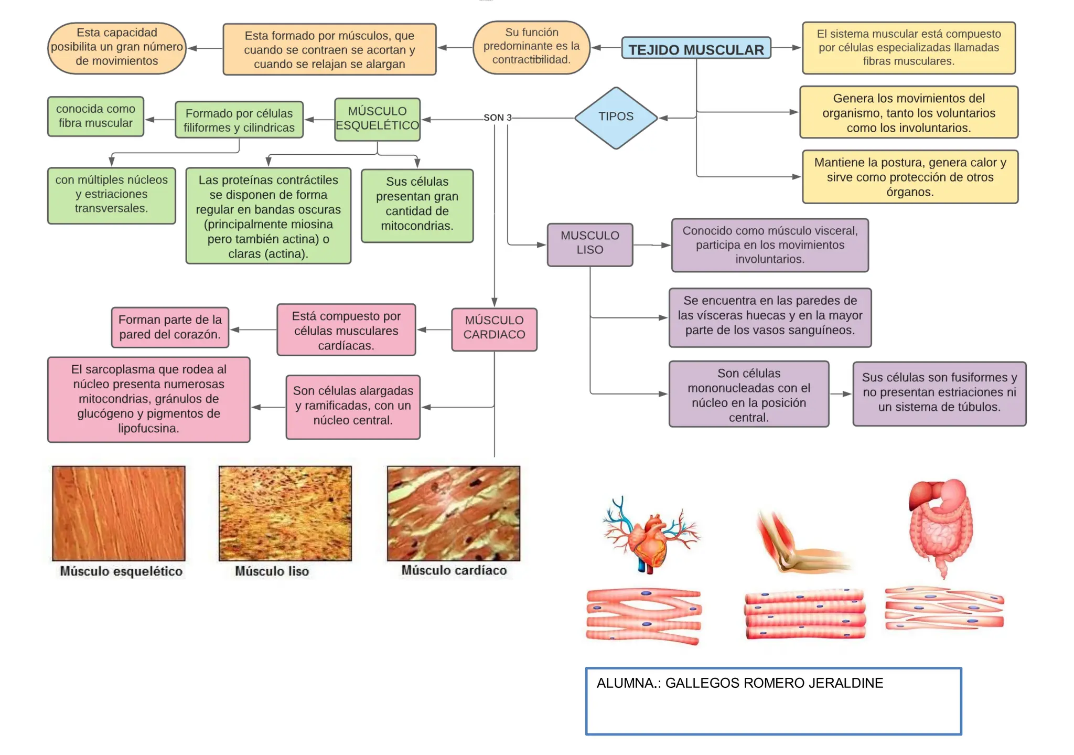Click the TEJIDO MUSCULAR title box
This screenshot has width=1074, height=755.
[696, 49]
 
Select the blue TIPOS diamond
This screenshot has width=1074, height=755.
[616, 117]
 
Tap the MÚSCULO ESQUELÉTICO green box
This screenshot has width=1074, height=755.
[377, 119]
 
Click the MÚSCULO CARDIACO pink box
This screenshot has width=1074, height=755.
[494, 328]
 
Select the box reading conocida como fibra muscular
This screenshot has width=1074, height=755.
[95, 116]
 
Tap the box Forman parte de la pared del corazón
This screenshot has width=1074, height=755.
[170, 327]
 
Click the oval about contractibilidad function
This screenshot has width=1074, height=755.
[531, 47]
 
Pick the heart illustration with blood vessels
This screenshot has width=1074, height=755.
[650, 538]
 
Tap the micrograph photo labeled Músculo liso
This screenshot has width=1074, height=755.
[285, 513]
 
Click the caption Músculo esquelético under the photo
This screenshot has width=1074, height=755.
[121, 571]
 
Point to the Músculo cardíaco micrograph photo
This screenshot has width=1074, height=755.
[453, 513]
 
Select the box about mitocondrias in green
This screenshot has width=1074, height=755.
[417, 205]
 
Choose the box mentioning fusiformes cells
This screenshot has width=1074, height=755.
[939, 392]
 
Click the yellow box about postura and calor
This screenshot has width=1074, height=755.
[909, 177]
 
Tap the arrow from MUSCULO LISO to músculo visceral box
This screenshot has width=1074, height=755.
[652, 245]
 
